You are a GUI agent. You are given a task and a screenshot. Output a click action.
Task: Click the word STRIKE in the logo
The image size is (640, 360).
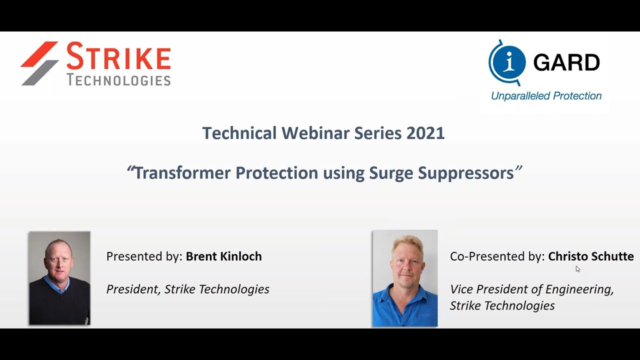pos(118,56)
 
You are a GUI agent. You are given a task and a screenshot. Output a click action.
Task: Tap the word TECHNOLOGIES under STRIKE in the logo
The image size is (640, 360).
pos(118,80)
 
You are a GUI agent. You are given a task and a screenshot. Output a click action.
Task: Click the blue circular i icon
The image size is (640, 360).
pos(507,62)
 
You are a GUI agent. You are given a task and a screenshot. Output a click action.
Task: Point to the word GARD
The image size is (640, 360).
pos(566,62)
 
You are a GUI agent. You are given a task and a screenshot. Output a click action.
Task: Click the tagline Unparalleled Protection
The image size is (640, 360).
pos(546,96)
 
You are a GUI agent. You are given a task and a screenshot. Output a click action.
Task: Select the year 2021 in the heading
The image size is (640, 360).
pos(425,133)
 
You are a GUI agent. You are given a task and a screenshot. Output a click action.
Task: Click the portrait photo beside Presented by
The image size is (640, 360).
pos(59,278)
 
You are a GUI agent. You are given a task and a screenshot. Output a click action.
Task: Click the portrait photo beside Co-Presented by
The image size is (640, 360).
pos(405,278)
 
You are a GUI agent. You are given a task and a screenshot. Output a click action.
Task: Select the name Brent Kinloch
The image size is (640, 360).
pos(223,256)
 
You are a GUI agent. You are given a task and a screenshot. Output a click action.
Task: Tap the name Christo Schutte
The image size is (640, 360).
pos(590,256)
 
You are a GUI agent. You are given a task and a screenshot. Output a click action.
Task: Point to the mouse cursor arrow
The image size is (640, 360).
pos(577,269)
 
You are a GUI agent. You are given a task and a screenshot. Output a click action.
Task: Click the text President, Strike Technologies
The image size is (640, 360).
pos(187,289)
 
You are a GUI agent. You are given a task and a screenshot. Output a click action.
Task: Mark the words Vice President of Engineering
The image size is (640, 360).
pos(531,289)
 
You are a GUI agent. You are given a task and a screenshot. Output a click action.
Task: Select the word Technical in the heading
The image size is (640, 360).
pos(239,133)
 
